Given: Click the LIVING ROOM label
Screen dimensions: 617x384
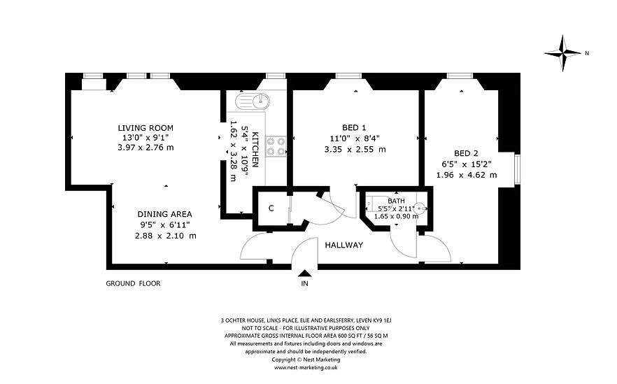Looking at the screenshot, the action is [x=146, y=128].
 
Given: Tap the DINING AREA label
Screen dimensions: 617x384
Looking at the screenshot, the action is [x=164, y=215].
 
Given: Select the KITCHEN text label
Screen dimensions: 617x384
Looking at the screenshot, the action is [x=255, y=150].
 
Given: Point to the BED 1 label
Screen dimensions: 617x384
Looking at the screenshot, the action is [x=354, y=127].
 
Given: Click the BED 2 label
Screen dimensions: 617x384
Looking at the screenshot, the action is [x=467, y=153].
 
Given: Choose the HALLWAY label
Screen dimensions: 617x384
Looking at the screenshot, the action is [x=344, y=245].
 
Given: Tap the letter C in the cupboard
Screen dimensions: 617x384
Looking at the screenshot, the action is [x=271, y=208].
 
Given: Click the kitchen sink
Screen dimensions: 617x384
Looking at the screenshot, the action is [x=253, y=101].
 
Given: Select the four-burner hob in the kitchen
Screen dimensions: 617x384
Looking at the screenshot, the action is [x=276, y=146].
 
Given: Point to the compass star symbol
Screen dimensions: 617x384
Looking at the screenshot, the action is [x=563, y=53].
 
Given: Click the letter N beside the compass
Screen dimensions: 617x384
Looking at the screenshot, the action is [x=587, y=53].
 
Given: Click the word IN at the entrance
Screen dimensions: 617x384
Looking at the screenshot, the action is [x=304, y=283].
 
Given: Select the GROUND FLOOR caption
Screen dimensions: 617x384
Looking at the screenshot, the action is [x=133, y=283].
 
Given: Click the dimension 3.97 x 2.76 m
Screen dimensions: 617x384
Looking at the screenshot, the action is [x=146, y=148].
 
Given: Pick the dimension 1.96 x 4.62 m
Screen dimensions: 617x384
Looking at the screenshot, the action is [x=467, y=175].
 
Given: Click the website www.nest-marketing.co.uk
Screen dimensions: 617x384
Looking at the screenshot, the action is [x=306, y=367].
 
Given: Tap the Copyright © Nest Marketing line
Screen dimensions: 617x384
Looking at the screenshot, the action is [x=306, y=360].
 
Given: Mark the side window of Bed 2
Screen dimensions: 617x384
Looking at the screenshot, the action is [x=518, y=169].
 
